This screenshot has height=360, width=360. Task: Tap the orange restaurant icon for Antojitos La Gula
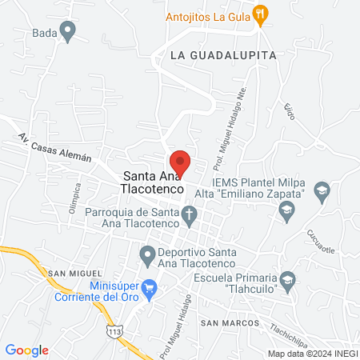(x=259, y=13)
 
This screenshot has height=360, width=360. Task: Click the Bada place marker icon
(x=68, y=33)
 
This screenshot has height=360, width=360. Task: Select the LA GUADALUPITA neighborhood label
(x=223, y=55)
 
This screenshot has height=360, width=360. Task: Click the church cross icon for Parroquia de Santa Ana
(x=189, y=214)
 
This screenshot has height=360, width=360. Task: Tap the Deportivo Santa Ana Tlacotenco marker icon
(x=146, y=256)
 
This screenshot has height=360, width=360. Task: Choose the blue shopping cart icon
(x=149, y=287)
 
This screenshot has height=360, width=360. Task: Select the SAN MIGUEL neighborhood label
(x=70, y=274)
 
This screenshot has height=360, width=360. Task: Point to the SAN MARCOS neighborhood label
(x=230, y=322)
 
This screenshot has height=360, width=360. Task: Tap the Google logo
(x=27, y=350)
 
